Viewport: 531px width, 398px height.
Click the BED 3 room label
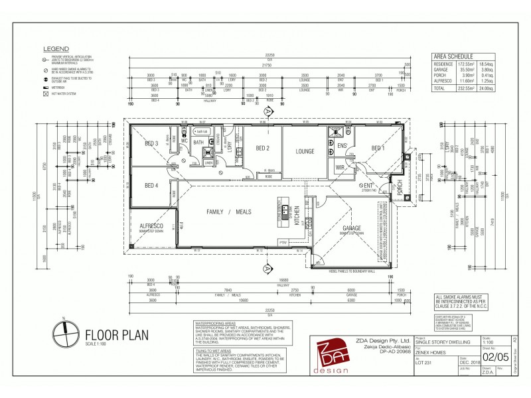point(151,143)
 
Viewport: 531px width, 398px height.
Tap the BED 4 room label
point(151,185)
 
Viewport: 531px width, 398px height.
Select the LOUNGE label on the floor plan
point(305,151)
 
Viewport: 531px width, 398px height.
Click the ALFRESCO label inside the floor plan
point(151,226)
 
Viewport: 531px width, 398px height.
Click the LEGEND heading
point(56,48)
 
